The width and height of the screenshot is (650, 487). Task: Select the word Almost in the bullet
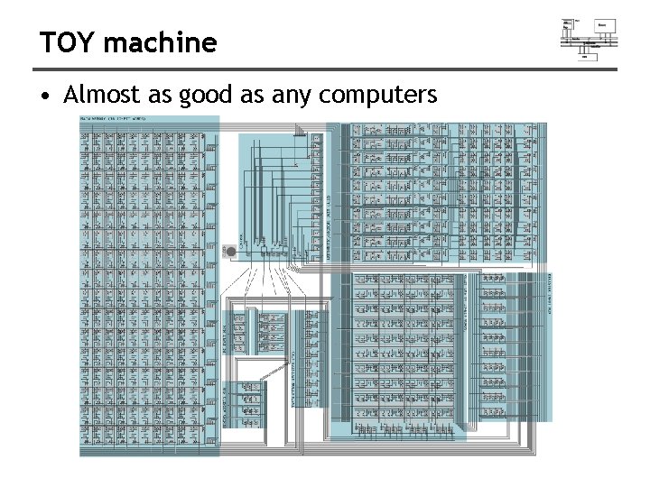tap(98, 94)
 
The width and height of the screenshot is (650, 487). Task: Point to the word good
tap(206, 96)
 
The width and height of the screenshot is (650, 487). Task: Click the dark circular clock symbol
tap(230, 251)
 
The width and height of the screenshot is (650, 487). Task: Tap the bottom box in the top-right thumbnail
tap(584, 55)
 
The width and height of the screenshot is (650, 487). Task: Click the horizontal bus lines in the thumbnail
tap(589, 41)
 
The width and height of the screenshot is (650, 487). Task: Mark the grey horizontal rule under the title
tap(325, 69)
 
